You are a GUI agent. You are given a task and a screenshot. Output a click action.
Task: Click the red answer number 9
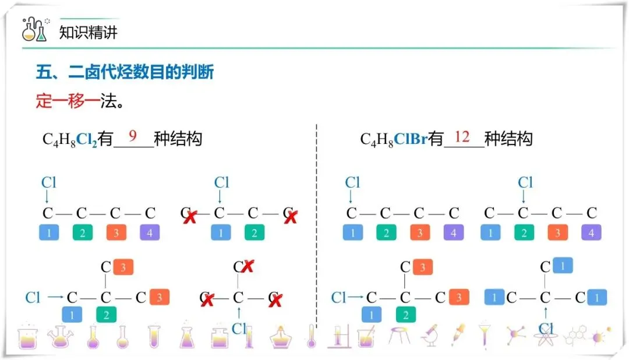tap(133, 136)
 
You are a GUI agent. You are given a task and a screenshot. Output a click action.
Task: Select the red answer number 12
tap(462, 137)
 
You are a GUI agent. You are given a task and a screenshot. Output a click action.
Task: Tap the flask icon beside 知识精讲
tap(34, 29)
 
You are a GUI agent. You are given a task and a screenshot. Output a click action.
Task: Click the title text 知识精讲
tap(89, 32)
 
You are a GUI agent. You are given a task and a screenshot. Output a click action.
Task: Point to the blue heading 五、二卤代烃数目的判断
tap(125, 72)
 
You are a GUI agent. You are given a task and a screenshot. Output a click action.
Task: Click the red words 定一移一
tap(68, 101)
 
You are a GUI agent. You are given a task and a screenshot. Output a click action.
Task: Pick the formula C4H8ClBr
tap(394, 140)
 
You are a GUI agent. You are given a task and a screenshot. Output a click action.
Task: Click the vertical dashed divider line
tap(316, 227)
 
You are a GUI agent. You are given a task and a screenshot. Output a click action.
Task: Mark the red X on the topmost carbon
tap(248, 267)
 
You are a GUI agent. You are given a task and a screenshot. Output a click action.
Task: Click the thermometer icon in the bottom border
tap(312, 336)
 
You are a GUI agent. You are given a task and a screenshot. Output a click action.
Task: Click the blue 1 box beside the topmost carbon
tap(563, 265)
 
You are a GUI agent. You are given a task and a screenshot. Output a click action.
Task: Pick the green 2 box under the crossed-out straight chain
tap(255, 234)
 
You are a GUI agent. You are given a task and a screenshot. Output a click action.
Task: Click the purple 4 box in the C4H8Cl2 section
tap(150, 234)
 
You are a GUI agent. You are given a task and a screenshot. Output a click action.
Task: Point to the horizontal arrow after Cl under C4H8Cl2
tap(55, 297)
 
